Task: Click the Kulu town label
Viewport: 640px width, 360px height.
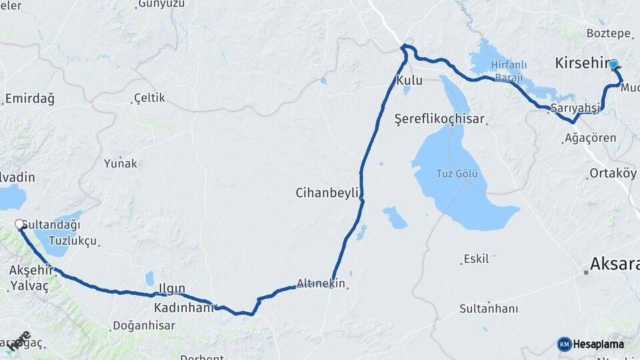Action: (409, 81)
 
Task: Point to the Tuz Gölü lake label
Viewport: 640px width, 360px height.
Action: (459, 174)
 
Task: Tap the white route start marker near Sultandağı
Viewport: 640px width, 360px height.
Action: (19, 225)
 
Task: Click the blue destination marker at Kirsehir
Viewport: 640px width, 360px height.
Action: (614, 65)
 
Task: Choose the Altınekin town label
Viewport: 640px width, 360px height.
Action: (321, 283)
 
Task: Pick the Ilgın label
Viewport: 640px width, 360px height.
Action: (171, 288)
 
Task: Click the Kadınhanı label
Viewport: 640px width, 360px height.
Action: (183, 308)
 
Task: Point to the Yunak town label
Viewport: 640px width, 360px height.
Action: (121, 163)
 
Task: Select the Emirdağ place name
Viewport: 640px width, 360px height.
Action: (29, 99)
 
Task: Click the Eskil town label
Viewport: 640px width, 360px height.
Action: (476, 259)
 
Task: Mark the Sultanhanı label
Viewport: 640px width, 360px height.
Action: (489, 309)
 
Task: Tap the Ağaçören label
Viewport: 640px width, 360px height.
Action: (590, 139)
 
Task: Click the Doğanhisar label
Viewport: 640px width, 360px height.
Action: (144, 325)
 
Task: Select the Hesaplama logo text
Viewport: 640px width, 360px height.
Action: (598, 344)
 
